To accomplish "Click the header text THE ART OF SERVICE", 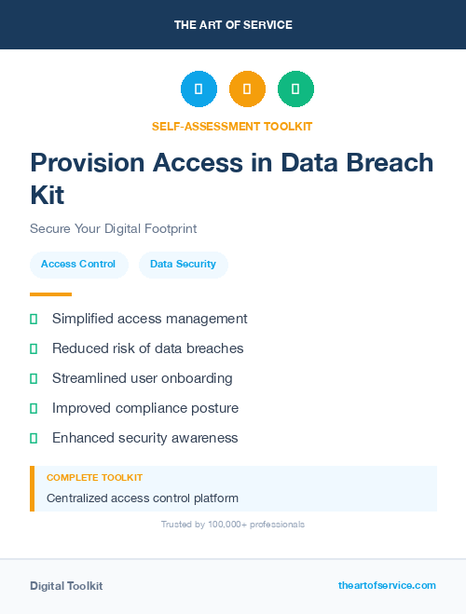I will point(233,25).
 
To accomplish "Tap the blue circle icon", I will point(199,89).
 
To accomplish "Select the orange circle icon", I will point(247,89).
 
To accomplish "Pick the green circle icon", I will point(295,89).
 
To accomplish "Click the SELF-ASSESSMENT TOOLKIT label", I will point(232,126).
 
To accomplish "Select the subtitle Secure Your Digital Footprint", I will point(113,228).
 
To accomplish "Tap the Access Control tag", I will point(78,265).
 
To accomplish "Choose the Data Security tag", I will point(183,265).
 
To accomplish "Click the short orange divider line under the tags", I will point(50,294).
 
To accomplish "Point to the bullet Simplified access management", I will point(149,319).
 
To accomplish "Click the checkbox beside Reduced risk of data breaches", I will point(34,348).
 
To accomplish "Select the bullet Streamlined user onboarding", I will point(142,378).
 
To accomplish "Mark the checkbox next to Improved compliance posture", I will point(34,408).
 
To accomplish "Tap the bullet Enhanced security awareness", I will point(144,438).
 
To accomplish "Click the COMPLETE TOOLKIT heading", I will point(94,477).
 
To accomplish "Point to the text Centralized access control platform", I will point(143,498).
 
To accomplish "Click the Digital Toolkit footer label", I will point(66,586).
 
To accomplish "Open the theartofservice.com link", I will point(387,585).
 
